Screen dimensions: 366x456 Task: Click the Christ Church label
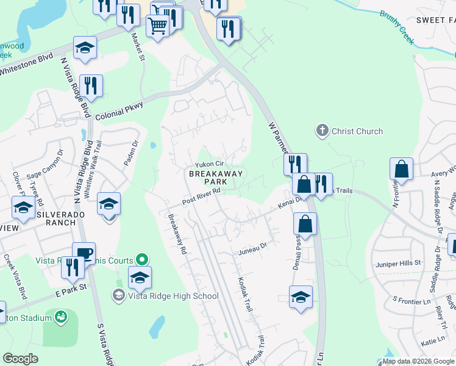pyautogui.click(x=357, y=131)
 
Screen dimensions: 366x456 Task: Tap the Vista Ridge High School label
pyautogui.click(x=172, y=296)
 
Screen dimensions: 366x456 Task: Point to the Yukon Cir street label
pyautogui.click(x=210, y=165)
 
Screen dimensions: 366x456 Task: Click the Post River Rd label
pyautogui.click(x=201, y=196)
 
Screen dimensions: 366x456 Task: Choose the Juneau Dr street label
pyautogui.click(x=251, y=246)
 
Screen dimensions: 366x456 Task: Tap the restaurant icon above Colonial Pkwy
pyautogui.click(x=91, y=85)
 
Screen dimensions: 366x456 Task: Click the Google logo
pyautogui.click(x=20, y=359)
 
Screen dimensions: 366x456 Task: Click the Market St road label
pyautogui.click(x=138, y=47)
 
